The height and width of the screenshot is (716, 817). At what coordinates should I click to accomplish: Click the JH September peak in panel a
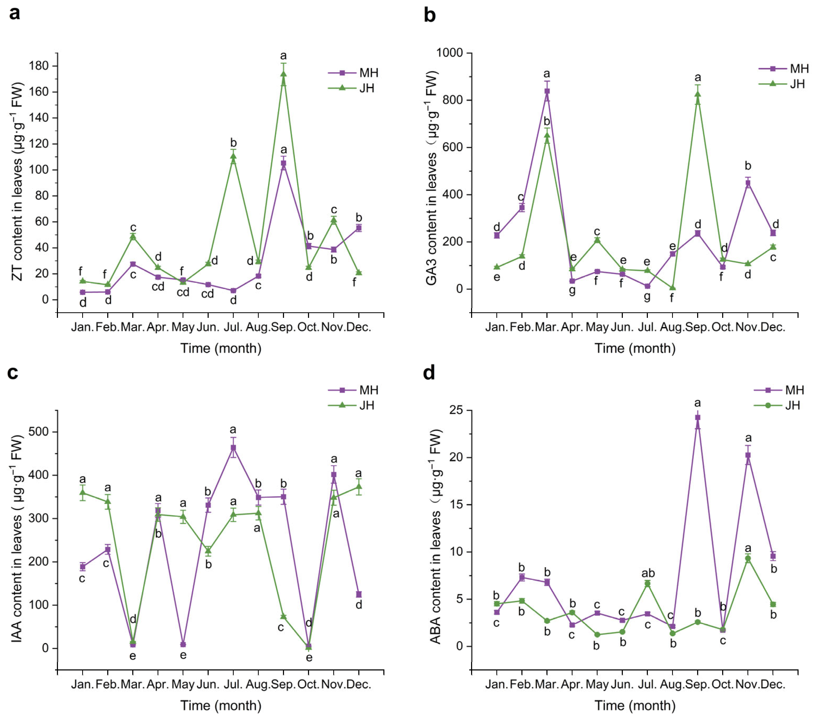tap(283, 73)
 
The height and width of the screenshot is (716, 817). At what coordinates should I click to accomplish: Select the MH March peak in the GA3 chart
tap(547, 91)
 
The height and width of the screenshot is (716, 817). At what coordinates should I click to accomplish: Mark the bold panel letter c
tap(13, 372)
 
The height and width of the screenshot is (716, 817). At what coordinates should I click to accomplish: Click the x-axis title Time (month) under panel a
tap(221, 348)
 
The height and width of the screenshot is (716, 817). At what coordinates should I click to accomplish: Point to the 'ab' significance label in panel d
tap(648, 573)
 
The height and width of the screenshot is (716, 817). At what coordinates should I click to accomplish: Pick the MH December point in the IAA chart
tap(359, 594)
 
